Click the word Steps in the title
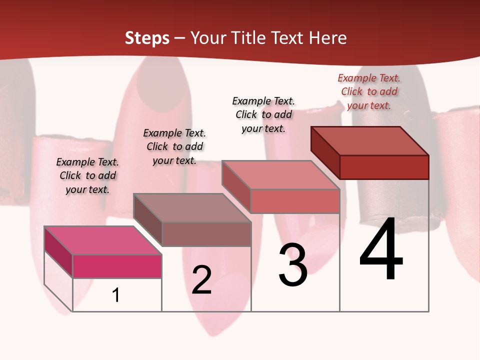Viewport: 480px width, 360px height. (x=147, y=38)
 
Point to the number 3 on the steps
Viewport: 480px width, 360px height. (x=293, y=265)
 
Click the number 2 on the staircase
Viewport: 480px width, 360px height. (x=201, y=280)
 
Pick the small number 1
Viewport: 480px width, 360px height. (x=116, y=295)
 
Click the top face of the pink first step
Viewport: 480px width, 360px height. (x=103, y=240)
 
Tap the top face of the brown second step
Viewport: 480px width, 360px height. (x=192, y=207)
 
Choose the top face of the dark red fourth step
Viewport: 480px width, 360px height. (x=370, y=141)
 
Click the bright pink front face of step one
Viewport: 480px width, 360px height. (x=117, y=266)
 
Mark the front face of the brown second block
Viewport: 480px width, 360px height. (x=206, y=234)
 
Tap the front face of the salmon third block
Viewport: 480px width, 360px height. (x=295, y=201)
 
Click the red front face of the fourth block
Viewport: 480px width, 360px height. (x=384, y=167)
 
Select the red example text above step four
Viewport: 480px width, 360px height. (x=369, y=91)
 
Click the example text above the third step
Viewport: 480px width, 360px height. (x=263, y=114)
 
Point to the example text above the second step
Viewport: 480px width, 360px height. (x=174, y=146)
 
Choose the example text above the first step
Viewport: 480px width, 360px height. (x=87, y=175)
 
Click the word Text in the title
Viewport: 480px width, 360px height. (x=288, y=38)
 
